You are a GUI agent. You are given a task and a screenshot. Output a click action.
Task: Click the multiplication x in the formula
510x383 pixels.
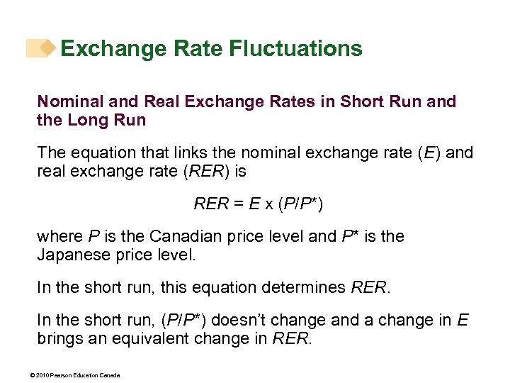coord(269,204)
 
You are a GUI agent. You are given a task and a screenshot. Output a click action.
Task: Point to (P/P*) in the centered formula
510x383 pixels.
coord(301,204)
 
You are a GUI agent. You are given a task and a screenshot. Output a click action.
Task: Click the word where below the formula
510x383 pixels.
coord(59,236)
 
